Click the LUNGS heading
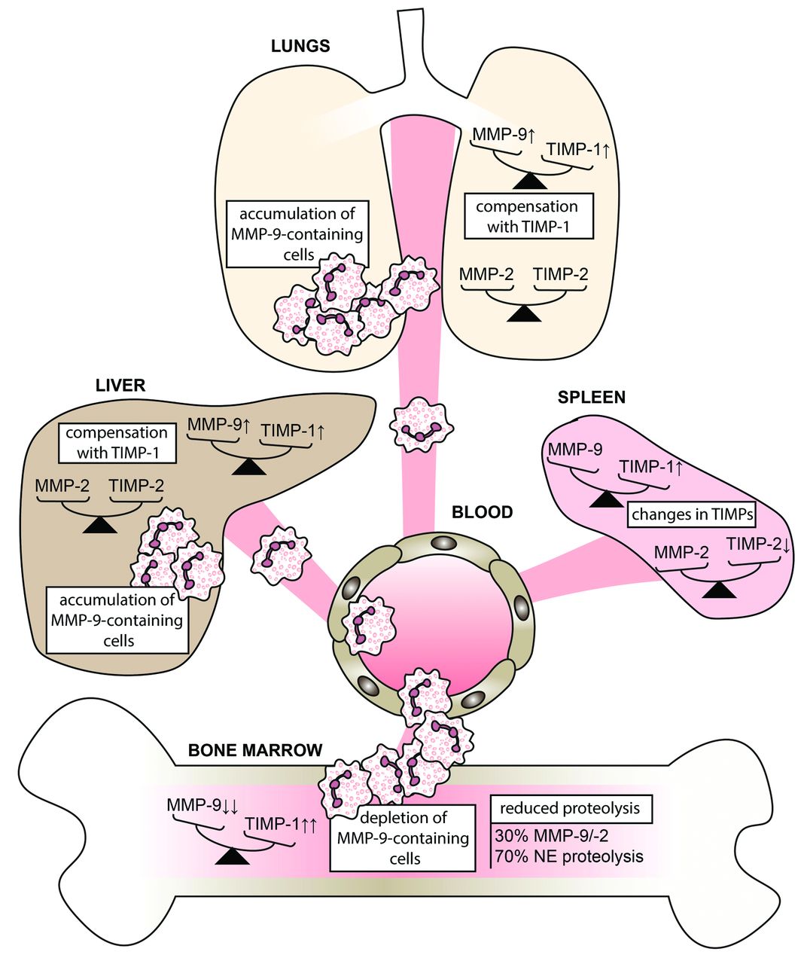(x=300, y=46)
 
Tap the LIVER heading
(x=120, y=386)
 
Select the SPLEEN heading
(x=592, y=397)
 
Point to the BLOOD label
(x=482, y=513)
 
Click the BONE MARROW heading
(x=255, y=750)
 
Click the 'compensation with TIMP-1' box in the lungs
(x=527, y=216)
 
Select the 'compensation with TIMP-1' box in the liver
(x=117, y=443)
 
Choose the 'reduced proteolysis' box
(x=570, y=809)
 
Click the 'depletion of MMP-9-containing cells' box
(x=403, y=837)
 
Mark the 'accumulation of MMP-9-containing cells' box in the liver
(x=117, y=621)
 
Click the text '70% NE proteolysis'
(x=569, y=856)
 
